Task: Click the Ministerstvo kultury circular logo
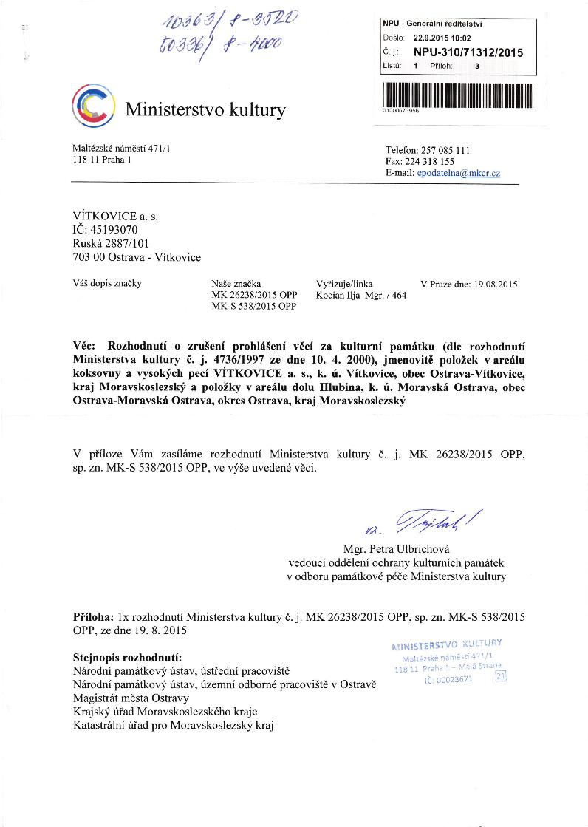coord(94,106)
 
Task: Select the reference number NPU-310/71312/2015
coord(468,52)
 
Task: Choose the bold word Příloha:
coord(94,616)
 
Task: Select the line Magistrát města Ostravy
coord(131,698)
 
